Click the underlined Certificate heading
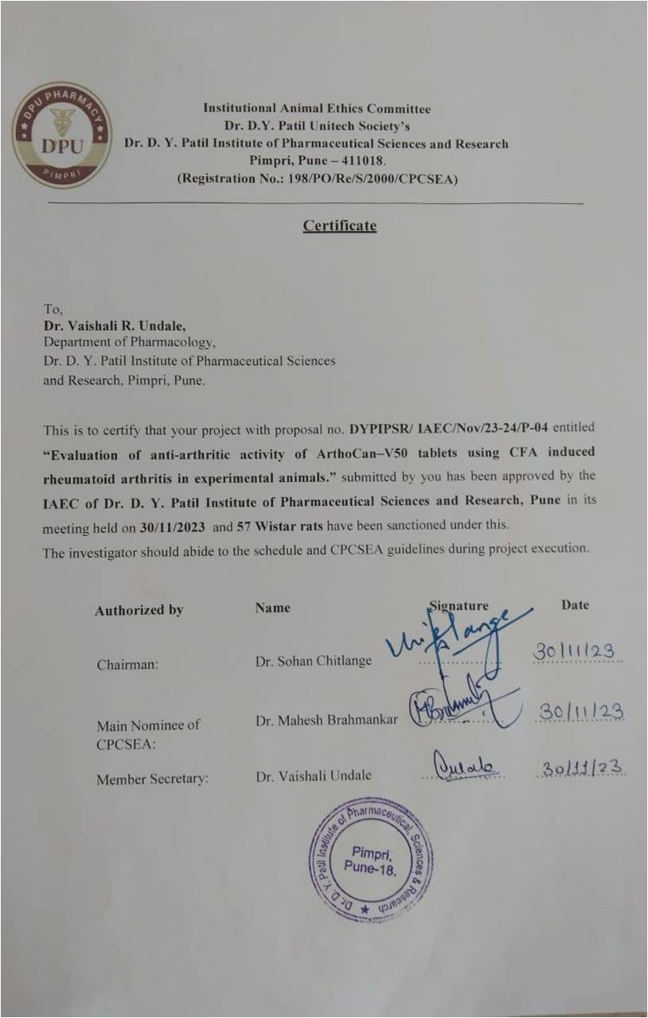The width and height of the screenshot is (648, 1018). [339, 225]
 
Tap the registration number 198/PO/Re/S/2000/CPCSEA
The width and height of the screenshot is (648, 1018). [370, 179]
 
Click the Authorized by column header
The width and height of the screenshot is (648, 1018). [139, 610]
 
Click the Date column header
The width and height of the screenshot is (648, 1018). [575, 605]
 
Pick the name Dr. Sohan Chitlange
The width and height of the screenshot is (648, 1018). [314, 661]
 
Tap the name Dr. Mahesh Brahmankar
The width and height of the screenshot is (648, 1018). [326, 720]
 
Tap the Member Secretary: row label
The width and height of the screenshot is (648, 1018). [152, 780]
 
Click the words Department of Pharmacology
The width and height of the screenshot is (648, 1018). [129, 343]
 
